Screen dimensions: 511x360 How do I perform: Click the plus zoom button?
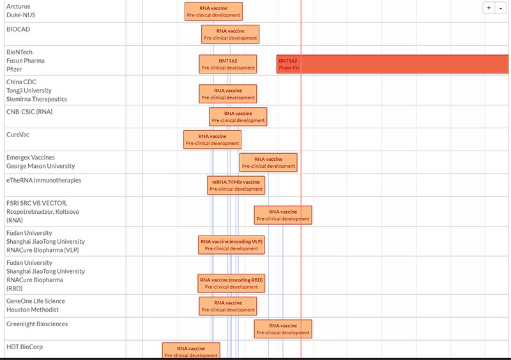click(x=489, y=8)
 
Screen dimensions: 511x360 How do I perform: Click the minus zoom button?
click(x=500, y=8)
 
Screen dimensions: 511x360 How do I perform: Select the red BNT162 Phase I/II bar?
click(x=392, y=64)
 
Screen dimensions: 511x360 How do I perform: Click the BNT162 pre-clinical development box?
click(x=228, y=64)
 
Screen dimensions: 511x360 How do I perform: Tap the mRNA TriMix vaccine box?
click(x=236, y=185)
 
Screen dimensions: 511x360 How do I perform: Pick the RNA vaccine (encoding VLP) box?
click(x=231, y=244)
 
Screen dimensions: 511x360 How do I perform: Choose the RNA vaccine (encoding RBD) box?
click(x=231, y=283)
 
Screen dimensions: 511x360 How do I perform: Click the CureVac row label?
click(x=18, y=135)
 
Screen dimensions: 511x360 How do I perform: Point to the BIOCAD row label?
click(x=19, y=29)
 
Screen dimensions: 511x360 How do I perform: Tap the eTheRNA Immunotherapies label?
click(x=43, y=181)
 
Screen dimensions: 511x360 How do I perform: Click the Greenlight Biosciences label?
click(x=37, y=324)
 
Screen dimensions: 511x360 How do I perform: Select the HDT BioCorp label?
click(x=24, y=347)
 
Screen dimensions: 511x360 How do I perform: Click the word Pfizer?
click(x=14, y=70)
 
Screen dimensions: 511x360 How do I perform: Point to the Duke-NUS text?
click(x=21, y=15)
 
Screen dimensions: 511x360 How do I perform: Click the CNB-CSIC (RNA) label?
click(x=29, y=112)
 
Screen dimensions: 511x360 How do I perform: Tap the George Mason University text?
click(x=40, y=166)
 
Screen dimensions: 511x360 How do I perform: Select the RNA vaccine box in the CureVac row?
click(x=213, y=139)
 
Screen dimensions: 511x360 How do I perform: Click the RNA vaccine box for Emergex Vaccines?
click(x=268, y=162)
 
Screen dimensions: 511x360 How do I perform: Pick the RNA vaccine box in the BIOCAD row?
click(x=231, y=34)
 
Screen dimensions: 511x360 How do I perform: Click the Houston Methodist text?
click(x=33, y=310)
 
